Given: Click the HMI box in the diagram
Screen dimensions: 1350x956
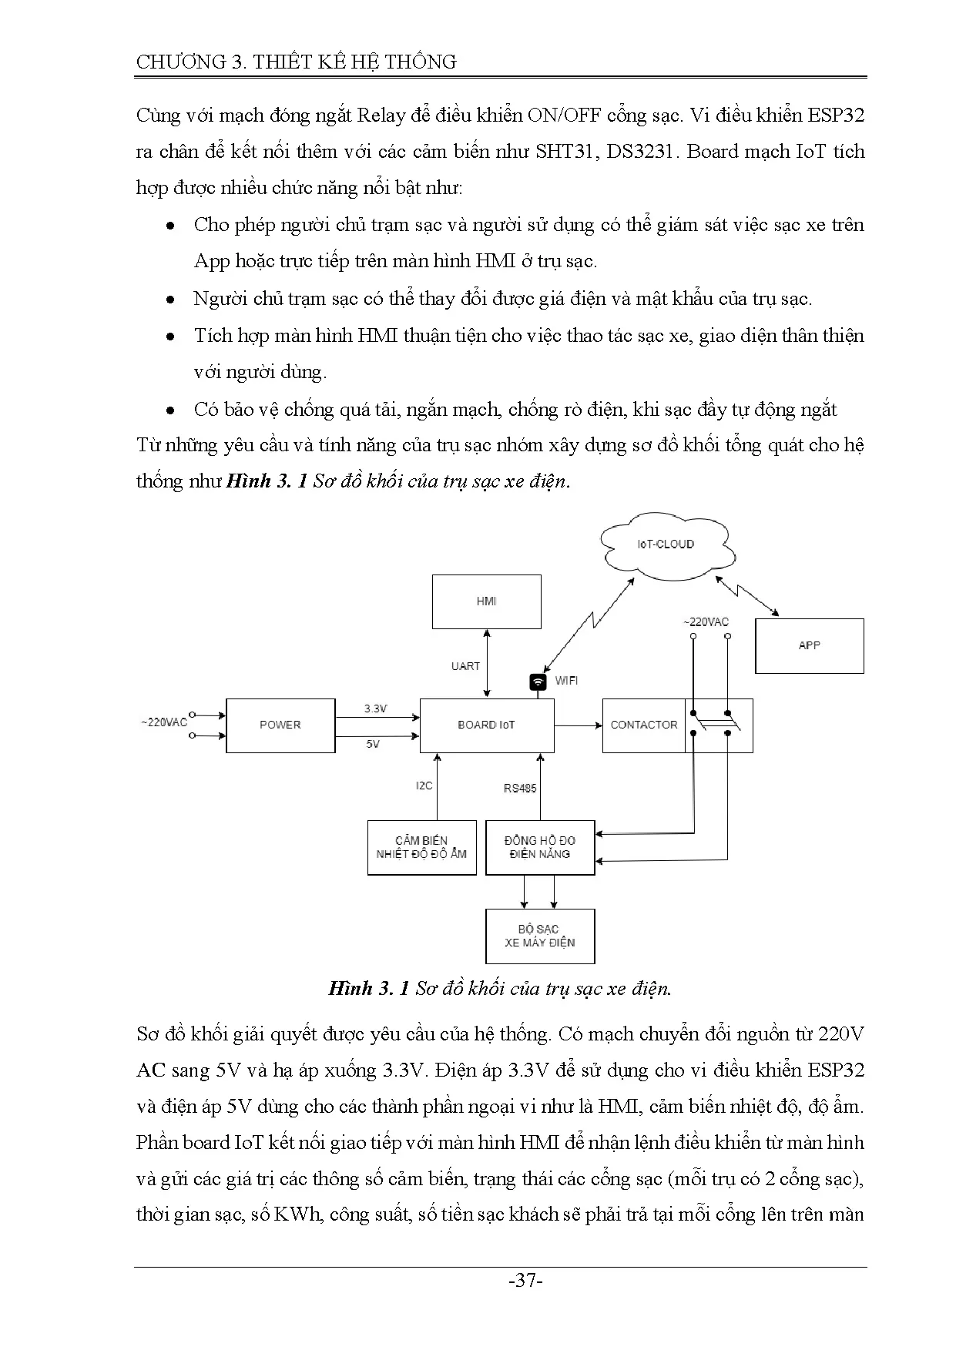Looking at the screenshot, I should pos(486,601).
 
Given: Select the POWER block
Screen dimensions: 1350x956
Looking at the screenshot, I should pos(280,725).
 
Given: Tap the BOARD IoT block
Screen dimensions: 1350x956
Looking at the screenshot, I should pos(486,725).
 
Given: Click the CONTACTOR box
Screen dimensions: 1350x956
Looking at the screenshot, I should pos(643,725).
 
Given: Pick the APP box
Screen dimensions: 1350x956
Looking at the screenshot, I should pos(809,645).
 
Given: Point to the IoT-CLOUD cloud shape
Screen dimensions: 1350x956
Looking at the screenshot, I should pos(665,544).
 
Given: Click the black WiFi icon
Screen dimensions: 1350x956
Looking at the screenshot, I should pos(538,682).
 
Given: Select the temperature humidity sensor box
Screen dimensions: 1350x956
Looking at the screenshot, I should pos(421,847).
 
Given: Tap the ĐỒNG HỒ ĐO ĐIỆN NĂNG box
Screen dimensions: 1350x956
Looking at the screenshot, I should pos(539,847).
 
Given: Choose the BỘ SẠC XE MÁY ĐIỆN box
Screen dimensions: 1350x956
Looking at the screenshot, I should pos(539,936).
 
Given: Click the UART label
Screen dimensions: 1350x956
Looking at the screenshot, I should pos(465,666).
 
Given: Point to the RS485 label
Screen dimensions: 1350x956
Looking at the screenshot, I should pos(520,788).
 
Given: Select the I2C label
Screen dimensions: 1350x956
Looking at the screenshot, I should pos(424,786).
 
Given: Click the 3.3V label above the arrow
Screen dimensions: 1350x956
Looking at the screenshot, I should pos(375,708).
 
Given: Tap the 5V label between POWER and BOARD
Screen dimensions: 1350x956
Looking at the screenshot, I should pos(373,744).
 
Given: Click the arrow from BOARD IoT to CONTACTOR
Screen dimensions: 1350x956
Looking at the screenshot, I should pos(578,725).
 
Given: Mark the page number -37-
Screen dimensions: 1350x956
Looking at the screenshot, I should pos(526,1281).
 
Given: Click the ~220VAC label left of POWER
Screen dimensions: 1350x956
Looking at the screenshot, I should pos(163,722).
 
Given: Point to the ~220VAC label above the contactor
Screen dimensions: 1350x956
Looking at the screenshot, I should pos(706,621).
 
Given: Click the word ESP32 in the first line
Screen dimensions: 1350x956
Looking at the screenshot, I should pos(835,116).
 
